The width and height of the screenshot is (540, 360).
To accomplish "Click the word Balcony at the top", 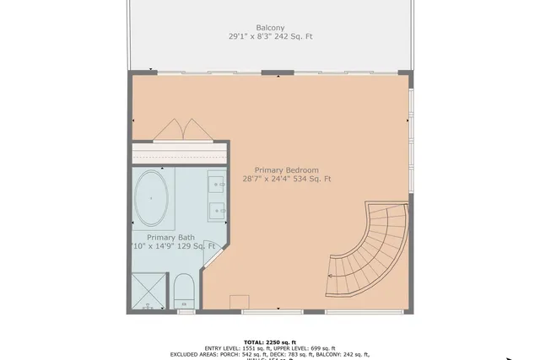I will coord(270,27).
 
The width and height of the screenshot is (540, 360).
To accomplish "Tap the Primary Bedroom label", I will coord(286,168).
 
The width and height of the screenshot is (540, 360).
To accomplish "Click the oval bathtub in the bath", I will coord(152,198).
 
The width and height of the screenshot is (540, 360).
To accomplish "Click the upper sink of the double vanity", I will coord(217,183).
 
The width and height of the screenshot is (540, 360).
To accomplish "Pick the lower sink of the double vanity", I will coord(217,210).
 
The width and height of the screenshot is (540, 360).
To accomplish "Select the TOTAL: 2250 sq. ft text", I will coord(270,341).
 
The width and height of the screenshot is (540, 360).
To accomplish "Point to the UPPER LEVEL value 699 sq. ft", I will coord(321,348).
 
